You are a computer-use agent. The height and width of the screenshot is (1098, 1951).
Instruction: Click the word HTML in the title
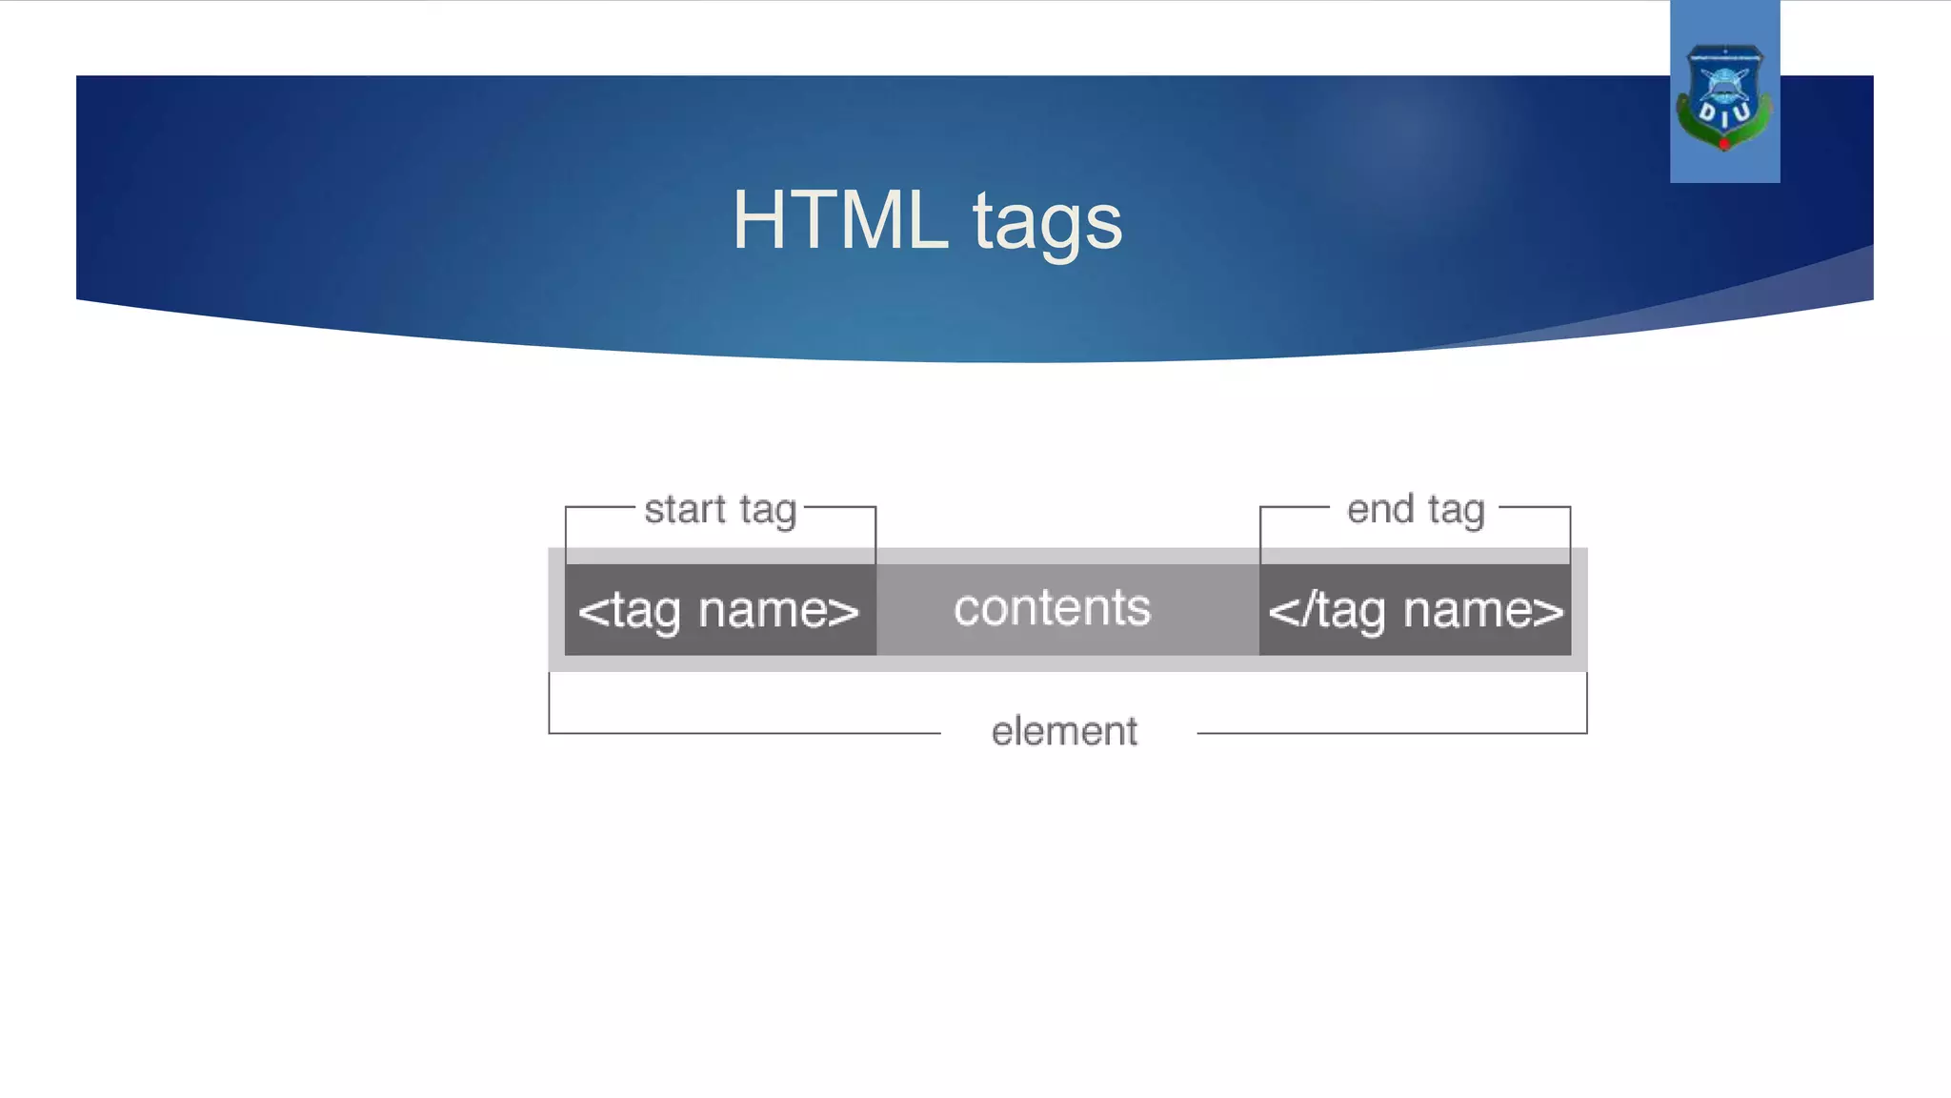coord(839,220)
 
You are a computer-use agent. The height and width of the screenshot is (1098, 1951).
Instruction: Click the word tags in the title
coord(1047,224)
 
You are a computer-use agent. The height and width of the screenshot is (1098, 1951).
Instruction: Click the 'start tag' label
coord(720,509)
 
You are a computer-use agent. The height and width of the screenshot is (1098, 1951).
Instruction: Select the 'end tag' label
coord(1415,509)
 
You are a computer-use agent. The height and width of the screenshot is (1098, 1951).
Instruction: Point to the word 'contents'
coord(1052,608)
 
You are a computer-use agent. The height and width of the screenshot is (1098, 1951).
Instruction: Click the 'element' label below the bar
coord(1064,732)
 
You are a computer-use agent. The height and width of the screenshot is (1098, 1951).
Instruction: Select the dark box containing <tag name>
coord(720,610)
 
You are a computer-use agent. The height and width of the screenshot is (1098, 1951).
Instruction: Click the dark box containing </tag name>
coord(1415,610)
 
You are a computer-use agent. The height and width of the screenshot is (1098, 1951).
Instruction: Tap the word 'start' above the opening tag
coord(685,509)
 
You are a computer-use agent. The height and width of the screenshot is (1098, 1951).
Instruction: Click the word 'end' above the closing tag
coord(1379,509)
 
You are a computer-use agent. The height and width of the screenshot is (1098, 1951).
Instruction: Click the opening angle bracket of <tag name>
coord(593,611)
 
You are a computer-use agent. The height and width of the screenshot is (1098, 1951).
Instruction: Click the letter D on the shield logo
coord(1708,112)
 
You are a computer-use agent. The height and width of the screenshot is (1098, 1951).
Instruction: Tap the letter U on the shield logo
coord(1741,112)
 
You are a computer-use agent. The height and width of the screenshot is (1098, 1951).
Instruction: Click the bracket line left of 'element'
coord(743,733)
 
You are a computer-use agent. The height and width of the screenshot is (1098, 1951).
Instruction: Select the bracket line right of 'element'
coord(1391,733)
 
